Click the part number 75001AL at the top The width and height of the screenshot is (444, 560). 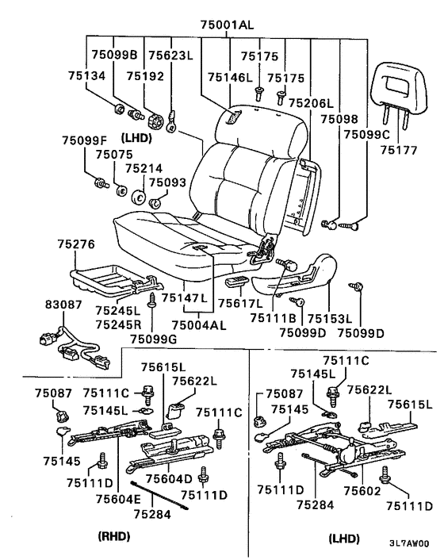coord(227,25)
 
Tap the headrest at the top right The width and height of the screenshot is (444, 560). coord(398,86)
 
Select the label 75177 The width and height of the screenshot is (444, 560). coord(398,150)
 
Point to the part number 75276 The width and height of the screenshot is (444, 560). coord(76,244)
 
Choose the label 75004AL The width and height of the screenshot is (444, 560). coord(199,325)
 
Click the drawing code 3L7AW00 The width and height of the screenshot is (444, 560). coord(409,543)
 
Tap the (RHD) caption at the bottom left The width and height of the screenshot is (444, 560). coord(114,535)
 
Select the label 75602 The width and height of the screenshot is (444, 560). coord(362,491)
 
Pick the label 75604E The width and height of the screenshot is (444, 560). coord(118,499)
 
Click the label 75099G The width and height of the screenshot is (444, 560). coord(153,339)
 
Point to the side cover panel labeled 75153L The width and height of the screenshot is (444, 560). coord(294,276)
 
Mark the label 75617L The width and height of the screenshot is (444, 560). coord(240,304)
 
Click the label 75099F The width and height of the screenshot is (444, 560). coord(85,140)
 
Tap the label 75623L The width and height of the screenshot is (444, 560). coord(170,55)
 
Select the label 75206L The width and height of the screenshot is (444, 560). coord(311,103)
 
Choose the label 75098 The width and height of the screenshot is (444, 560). coord(339,119)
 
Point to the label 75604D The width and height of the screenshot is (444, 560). coord(169,478)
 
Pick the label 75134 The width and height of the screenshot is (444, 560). coord(86,76)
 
